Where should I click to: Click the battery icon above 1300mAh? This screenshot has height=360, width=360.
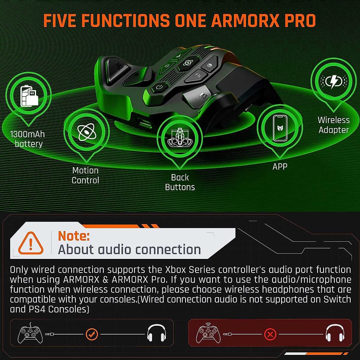(29, 96)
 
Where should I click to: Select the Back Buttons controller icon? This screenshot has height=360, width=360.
(179, 138)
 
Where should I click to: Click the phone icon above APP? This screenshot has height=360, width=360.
(280, 128)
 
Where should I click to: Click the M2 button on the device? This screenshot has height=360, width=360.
(118, 67)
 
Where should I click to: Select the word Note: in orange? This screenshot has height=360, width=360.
(74, 236)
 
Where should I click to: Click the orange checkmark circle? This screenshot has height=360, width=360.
(91, 334)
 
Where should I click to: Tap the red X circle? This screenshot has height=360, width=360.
(270, 334)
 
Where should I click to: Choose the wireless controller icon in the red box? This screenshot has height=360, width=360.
(208, 333)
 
